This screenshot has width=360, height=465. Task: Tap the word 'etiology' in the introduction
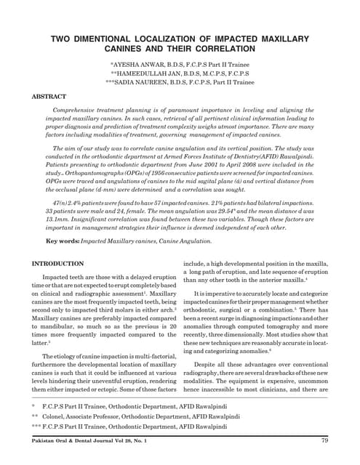coord(73,336)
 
